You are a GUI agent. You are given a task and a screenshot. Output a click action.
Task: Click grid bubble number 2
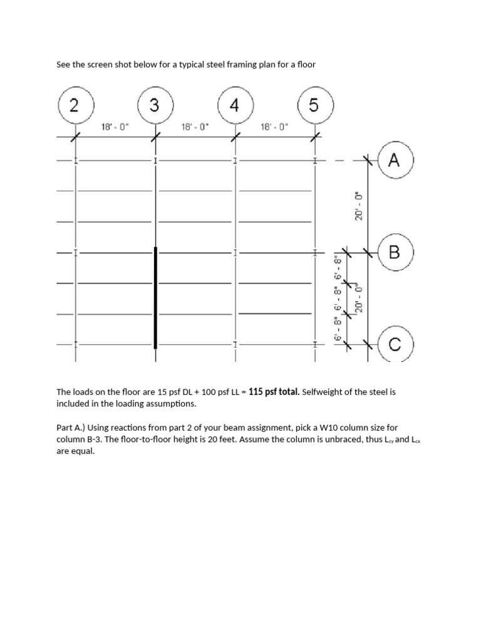pyautogui.click(x=75, y=105)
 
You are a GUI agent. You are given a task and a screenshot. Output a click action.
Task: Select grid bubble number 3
pyautogui.click(x=155, y=105)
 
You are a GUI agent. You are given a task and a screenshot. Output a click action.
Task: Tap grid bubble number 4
pyautogui.click(x=234, y=105)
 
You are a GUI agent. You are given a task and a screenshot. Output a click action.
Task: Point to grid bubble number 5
pyautogui.click(x=314, y=105)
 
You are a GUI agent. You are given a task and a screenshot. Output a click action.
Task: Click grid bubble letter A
pyautogui.click(x=393, y=161)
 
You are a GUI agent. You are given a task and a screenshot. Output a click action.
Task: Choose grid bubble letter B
pyautogui.click(x=393, y=253)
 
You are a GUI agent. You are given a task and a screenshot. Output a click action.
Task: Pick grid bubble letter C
pyautogui.click(x=393, y=344)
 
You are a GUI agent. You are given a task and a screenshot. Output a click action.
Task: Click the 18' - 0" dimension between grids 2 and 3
pyautogui.click(x=115, y=127)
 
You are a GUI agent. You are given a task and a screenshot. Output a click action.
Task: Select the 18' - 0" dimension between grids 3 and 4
pyautogui.click(x=194, y=127)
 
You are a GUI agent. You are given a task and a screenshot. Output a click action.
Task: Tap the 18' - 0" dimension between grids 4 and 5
pyautogui.click(x=274, y=127)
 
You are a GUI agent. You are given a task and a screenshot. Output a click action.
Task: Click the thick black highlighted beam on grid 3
pyautogui.click(x=155, y=298)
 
